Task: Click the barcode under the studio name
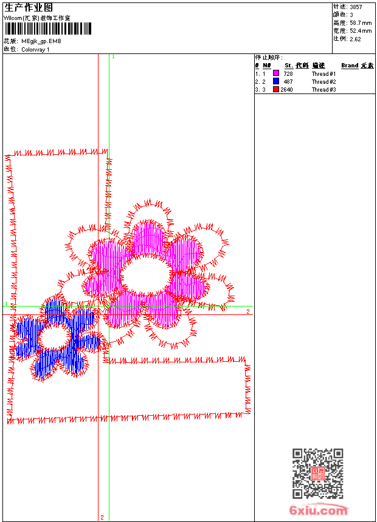click(x=47, y=29)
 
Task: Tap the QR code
click(x=318, y=473)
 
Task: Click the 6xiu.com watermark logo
click(x=318, y=510)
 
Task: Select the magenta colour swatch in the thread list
click(x=276, y=73)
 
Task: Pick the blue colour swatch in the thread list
click(x=276, y=81)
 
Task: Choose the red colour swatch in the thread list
click(x=276, y=89)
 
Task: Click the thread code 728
click(x=288, y=73)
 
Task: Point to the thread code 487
click(x=288, y=81)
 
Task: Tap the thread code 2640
click(x=286, y=90)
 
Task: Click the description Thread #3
click(x=323, y=90)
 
